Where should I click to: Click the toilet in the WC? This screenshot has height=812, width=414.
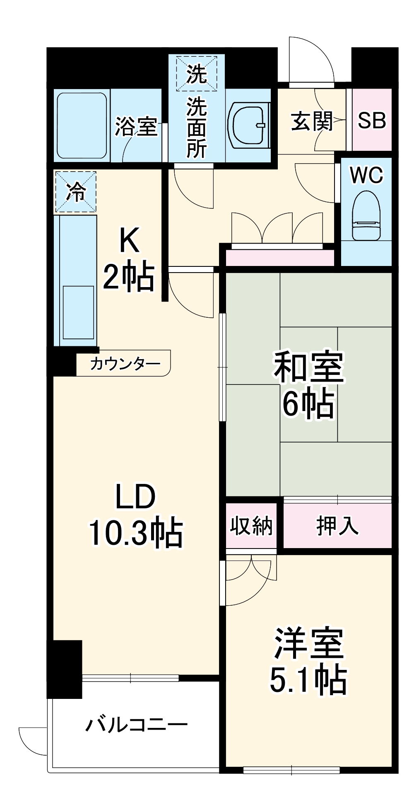coord(366,216)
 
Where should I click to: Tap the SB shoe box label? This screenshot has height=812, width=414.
coord(371,121)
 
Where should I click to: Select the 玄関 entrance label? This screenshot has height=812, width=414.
coord(311,121)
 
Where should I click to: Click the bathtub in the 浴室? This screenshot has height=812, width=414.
coord(82,125)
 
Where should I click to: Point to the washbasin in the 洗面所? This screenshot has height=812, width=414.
coord(248,125)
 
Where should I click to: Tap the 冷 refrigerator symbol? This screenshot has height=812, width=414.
coord(75,192)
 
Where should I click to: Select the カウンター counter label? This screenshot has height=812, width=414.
coord(125,364)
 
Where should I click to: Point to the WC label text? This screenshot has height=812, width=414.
coord(366,175)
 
